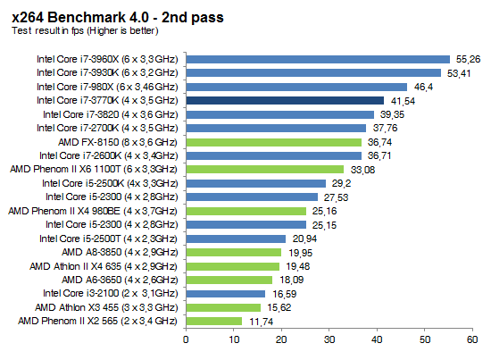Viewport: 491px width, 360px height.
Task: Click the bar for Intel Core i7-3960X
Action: click(x=317, y=60)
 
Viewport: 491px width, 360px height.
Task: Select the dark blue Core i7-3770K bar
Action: click(x=285, y=101)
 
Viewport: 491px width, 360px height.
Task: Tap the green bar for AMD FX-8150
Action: click(x=273, y=142)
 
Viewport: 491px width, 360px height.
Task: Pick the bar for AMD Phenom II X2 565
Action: click(x=214, y=321)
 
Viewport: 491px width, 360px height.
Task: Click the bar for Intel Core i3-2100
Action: click(x=226, y=293)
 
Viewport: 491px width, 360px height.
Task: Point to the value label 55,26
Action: click(x=469, y=60)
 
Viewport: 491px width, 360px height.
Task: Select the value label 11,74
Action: click(x=261, y=321)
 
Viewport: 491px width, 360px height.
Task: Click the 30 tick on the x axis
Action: click(x=329, y=339)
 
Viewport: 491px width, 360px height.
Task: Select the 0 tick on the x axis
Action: click(x=186, y=339)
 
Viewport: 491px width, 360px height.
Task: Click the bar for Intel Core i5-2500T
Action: click(x=236, y=239)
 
